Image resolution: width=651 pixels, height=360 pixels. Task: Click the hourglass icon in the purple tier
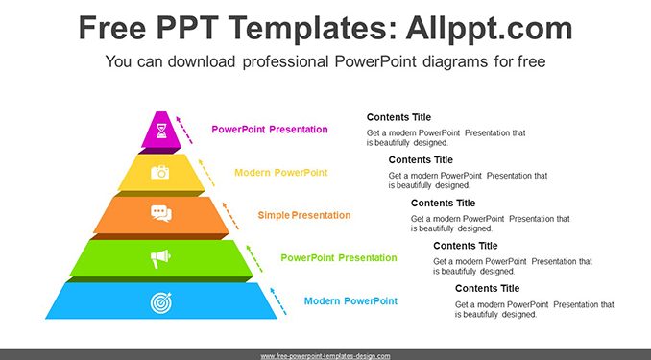click(x=161, y=131)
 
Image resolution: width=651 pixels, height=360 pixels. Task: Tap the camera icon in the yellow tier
click(x=159, y=172)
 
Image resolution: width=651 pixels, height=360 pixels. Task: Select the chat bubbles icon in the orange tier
click(x=161, y=213)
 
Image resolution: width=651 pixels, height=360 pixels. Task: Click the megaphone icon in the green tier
click(x=160, y=258)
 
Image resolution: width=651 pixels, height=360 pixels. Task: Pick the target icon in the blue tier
click(x=161, y=302)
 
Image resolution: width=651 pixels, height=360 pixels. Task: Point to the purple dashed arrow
click(x=184, y=131)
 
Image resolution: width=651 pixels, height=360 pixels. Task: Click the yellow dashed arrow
click(x=206, y=173)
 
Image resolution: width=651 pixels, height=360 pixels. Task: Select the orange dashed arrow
click(x=230, y=216)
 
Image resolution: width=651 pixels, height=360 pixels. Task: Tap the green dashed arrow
click(x=254, y=258)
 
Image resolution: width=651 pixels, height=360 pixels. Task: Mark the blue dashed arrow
click(x=278, y=301)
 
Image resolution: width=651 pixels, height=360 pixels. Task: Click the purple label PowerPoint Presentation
click(x=270, y=130)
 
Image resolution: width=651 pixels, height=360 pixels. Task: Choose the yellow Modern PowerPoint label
click(x=281, y=172)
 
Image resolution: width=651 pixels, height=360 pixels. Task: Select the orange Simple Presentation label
click(x=304, y=215)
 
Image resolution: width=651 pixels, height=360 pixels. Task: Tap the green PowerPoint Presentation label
click(x=339, y=258)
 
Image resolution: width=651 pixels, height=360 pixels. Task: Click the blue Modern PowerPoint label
click(x=350, y=301)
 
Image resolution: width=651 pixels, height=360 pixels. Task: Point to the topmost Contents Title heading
click(x=398, y=117)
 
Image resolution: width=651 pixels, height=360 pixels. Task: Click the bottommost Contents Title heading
click(x=487, y=289)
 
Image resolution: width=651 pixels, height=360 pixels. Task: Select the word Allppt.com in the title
click(x=489, y=28)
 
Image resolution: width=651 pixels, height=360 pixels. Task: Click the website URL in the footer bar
click(x=325, y=356)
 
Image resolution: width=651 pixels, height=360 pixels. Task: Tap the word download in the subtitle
click(x=202, y=61)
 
